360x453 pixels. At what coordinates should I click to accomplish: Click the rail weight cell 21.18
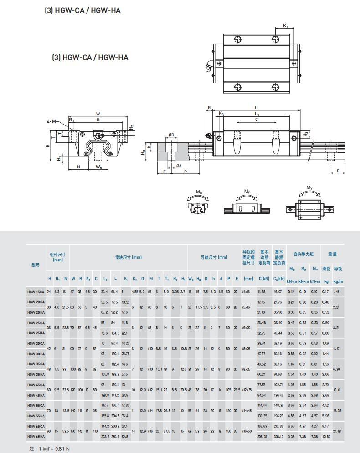338,431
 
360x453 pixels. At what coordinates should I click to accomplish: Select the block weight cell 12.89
326,437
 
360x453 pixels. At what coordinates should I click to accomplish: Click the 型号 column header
35,265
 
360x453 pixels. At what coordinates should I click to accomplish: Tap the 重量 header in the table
332,254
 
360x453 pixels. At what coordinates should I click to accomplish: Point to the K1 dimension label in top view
285,26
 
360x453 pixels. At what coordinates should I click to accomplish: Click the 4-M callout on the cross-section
51,121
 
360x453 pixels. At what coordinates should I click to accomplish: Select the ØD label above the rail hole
171,135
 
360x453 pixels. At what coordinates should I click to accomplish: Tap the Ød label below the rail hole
179,166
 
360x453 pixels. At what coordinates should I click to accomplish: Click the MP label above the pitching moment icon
247,192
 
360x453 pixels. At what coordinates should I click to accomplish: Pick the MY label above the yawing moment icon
309,187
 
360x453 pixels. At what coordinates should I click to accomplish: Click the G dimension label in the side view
209,108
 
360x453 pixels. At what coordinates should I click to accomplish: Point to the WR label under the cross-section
98,167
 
